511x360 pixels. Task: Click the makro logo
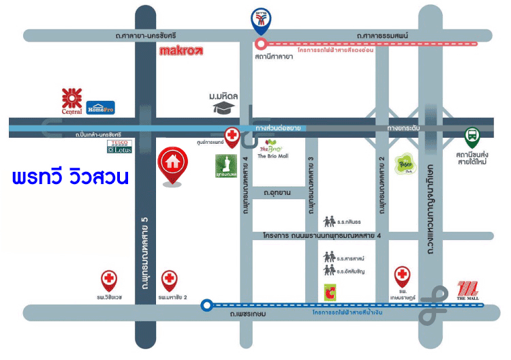[x=181, y=50]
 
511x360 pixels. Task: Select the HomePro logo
[x=100, y=107]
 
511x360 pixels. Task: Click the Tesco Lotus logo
[x=119, y=146]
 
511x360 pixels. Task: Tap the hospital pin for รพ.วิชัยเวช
[x=109, y=280]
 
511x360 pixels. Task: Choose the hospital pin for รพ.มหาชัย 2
[x=169, y=280]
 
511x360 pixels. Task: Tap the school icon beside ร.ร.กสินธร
[x=330, y=222]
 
